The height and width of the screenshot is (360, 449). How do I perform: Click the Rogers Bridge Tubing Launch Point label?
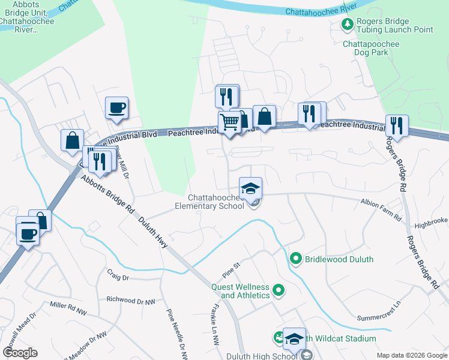[394, 25]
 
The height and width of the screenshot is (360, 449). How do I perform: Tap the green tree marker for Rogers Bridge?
[347, 25]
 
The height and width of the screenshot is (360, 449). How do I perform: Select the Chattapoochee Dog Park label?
[373, 48]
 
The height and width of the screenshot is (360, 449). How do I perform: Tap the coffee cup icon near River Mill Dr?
[116, 109]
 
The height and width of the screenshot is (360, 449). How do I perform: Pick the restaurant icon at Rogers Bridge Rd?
[397, 126]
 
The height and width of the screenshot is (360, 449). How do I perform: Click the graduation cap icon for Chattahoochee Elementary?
[250, 188]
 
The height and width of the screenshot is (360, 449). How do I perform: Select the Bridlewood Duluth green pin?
[295, 259]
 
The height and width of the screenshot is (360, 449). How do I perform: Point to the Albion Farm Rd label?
[381, 211]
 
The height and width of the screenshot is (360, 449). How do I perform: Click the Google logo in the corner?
[20, 352]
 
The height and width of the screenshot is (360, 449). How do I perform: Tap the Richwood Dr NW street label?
[130, 299]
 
